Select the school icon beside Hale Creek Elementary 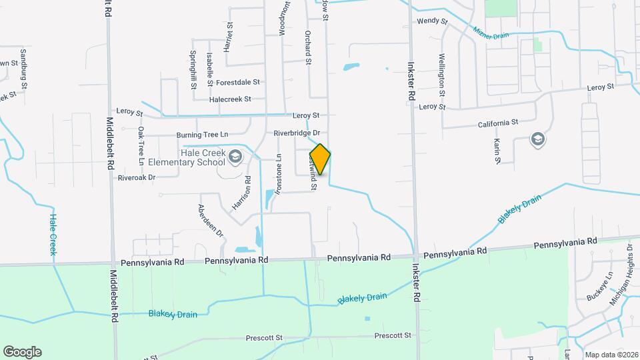234,157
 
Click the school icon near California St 537,139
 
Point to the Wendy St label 432,21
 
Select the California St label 498,123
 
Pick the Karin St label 497,151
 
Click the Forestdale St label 237,83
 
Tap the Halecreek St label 229,99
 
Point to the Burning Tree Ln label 202,135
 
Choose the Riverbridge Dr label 297,133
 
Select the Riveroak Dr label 136,177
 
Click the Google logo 22,351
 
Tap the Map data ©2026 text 611,355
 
